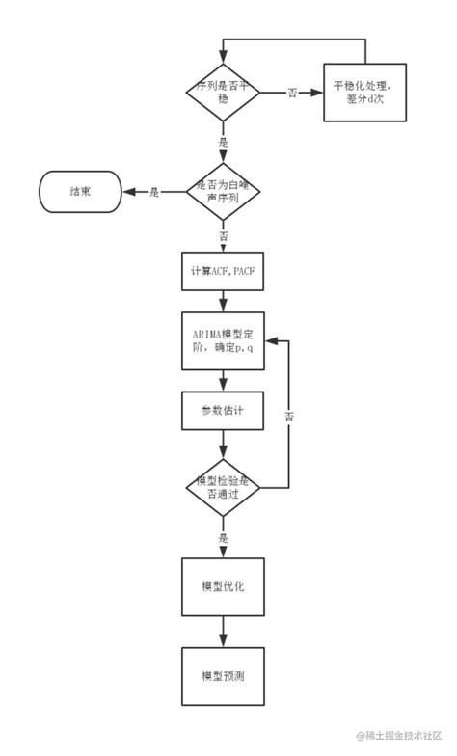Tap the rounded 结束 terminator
(x=79, y=192)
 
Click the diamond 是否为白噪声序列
(x=223, y=192)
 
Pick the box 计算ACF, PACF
(x=223, y=272)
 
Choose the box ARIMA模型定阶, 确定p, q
(x=223, y=340)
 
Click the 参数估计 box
(x=223, y=411)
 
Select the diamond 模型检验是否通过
(x=223, y=486)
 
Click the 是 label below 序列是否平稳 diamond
(x=224, y=141)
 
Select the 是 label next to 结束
(x=154, y=192)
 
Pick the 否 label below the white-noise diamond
(x=224, y=235)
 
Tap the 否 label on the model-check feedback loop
(x=289, y=417)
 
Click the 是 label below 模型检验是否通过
(x=224, y=537)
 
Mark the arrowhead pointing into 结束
(x=126, y=192)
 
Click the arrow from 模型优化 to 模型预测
(x=223, y=631)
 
